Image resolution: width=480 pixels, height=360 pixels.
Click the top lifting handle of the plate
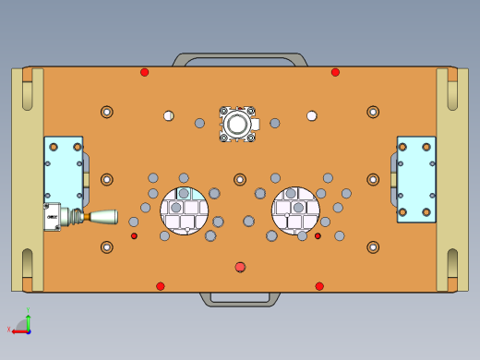pos(240,58)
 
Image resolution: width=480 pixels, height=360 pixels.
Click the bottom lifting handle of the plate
pos(240,299)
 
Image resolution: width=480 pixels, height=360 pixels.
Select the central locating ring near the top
pos(237,124)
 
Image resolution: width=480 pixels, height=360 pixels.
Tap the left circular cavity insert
pos(185,211)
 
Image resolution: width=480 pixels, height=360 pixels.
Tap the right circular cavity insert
pos(295,211)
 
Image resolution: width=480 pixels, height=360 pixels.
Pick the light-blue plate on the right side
pos(416,179)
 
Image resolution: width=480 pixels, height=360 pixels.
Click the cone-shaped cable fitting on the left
pos(102,217)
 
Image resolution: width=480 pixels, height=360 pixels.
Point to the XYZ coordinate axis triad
pos(25,322)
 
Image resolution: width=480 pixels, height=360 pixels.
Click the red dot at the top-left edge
pos(144,72)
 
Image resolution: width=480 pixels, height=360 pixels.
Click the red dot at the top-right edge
pos(335,72)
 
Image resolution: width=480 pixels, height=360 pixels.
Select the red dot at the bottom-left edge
pos(161,286)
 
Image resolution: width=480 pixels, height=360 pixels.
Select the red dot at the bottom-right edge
pos(319,286)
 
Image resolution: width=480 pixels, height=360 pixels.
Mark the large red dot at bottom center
pos(240,267)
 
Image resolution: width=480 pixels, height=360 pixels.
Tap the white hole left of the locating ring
pos(169,115)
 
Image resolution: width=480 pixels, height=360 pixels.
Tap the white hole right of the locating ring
pos(312,115)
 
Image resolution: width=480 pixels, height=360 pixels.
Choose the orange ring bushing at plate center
pos(240,179)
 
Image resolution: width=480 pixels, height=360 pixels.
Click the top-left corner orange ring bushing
pos(107,112)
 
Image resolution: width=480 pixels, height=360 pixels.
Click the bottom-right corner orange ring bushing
pos(373,247)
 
